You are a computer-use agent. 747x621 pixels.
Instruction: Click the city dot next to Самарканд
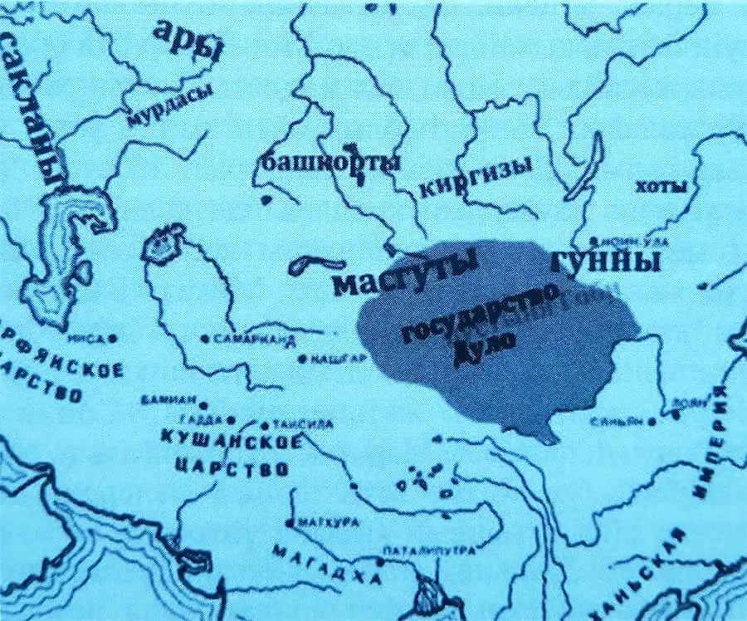(205, 339)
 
